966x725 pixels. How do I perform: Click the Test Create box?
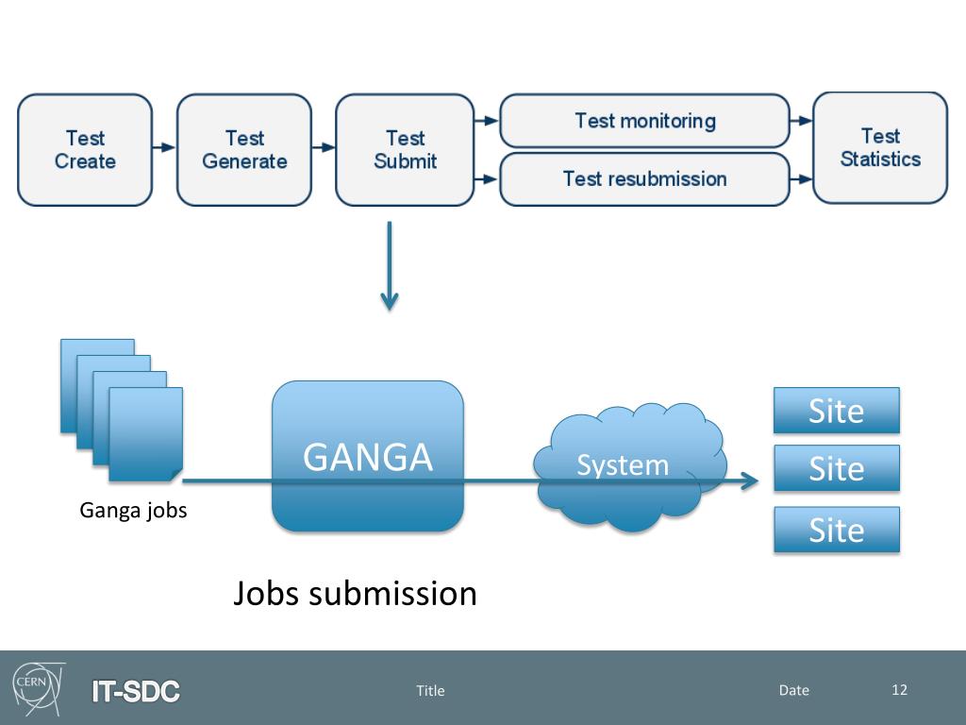point(85,150)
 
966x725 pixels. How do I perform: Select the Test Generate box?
point(244,150)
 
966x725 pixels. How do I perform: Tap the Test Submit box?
point(405,150)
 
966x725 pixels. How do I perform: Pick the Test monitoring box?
point(644,121)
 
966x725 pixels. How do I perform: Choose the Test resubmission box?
point(644,178)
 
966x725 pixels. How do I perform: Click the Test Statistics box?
point(880,148)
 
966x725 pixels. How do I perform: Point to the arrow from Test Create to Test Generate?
point(164,147)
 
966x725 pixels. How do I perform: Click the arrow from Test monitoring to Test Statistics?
point(801,121)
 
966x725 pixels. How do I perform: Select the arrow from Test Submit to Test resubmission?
point(486,179)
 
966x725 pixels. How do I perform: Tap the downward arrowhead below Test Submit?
point(390,302)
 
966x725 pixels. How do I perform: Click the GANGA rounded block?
point(368,456)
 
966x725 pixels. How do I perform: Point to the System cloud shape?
point(629,466)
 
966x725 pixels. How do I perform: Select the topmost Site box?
point(837,411)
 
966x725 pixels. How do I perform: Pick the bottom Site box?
point(837,530)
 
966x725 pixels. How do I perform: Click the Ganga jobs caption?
point(133,511)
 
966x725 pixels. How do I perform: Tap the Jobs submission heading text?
point(355,594)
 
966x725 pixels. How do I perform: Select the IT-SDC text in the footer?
point(136,691)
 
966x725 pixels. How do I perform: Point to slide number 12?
point(899,690)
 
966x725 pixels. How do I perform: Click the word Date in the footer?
point(793,690)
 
